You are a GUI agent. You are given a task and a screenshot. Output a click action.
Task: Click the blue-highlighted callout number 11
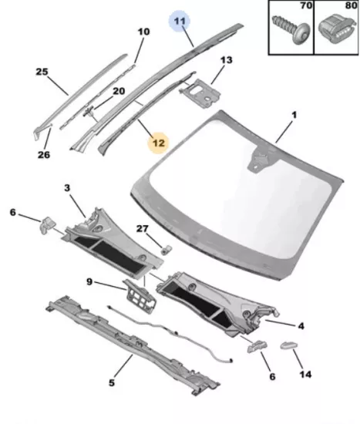coord(180,21)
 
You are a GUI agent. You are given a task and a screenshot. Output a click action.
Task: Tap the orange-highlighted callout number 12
coord(159,143)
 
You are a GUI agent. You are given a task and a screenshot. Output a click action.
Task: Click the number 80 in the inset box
coord(352,5)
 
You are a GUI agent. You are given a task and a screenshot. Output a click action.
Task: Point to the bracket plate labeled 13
coord(200,93)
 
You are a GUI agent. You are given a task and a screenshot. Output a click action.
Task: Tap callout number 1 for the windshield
coord(294,115)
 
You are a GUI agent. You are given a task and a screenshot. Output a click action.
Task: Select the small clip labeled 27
coord(167,250)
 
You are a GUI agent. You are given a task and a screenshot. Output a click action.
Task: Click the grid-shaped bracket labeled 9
coord(140,296)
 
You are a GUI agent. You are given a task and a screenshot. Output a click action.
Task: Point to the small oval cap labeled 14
coord(289,345)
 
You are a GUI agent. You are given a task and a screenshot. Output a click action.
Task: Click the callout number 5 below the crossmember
coord(112,382)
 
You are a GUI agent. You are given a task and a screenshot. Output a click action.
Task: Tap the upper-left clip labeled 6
coord(48,225)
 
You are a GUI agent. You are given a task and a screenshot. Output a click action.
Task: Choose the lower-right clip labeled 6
coord(257,346)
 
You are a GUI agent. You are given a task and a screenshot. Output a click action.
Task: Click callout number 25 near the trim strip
coord(42,72)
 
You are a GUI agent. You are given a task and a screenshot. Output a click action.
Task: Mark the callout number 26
coord(44,155)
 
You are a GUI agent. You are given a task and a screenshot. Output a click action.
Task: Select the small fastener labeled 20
coord(89,111)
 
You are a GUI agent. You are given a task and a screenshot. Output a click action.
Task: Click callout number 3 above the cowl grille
coord(67,187)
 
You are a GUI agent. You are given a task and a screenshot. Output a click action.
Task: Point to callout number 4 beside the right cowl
coord(301,326)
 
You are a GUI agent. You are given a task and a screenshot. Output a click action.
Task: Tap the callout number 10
coord(143,32)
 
